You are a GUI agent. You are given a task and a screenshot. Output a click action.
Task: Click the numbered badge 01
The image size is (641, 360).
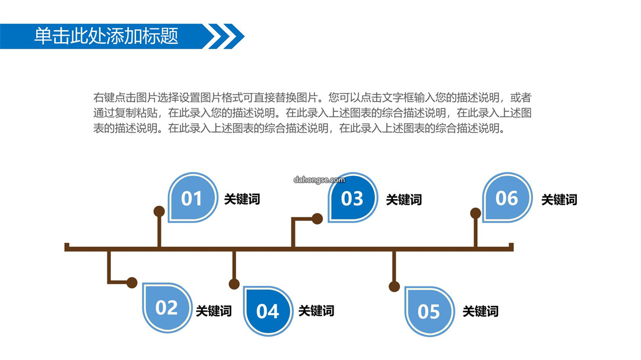point(192,197)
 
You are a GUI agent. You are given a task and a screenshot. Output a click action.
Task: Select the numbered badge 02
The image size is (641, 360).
point(167,307)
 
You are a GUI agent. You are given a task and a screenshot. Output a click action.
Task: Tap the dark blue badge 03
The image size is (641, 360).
point(353,197)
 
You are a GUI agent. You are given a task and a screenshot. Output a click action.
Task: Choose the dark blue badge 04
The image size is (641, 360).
point(268,311)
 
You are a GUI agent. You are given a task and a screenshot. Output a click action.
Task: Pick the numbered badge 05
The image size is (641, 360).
point(429,311)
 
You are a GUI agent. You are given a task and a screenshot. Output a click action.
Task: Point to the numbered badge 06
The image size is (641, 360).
point(507,197)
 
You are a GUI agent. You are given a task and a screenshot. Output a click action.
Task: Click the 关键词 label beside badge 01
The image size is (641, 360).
point(242,199)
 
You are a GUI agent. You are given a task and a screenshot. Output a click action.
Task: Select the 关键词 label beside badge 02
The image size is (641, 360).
point(214,311)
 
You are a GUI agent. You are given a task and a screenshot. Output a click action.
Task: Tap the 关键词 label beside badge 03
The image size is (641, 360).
point(404,200)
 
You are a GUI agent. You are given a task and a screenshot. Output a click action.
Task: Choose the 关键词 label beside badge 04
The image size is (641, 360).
point(316,311)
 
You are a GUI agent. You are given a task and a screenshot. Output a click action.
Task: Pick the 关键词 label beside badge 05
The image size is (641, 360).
point(481,311)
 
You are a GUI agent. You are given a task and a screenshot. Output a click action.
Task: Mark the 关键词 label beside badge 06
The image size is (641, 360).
point(559,200)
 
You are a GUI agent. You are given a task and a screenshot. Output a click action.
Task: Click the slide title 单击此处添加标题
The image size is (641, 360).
point(106,36)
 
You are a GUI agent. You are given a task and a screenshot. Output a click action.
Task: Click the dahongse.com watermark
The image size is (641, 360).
point(319,180)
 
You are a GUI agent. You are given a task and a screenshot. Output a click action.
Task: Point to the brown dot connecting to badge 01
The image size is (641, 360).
point(159,211)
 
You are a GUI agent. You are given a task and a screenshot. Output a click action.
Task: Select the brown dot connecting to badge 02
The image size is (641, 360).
point(132,282)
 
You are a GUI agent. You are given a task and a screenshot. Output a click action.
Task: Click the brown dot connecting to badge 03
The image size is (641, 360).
point(317,219)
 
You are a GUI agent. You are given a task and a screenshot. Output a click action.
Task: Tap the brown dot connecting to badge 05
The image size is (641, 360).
point(394,286)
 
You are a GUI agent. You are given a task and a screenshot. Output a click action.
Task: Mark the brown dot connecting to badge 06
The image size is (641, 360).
point(475,213)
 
